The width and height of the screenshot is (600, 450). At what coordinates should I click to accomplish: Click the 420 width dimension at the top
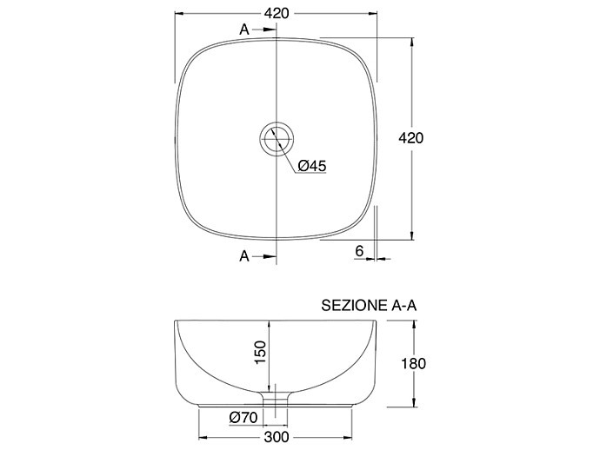[x=277, y=13]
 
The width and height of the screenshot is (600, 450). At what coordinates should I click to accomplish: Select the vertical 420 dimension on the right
[x=411, y=138]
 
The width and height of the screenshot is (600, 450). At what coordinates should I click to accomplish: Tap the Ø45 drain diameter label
[x=312, y=166]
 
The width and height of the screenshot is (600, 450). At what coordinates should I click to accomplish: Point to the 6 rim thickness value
[x=359, y=251]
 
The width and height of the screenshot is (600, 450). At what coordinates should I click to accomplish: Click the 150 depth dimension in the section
[x=260, y=352]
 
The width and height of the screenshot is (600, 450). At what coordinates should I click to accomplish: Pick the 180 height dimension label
[x=413, y=364]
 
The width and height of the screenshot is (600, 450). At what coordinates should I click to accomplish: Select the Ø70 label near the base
[x=243, y=418]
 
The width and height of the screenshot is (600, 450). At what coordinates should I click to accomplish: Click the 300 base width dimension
[x=277, y=437]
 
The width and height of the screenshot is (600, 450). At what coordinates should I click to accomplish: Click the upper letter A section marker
[x=244, y=30]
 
